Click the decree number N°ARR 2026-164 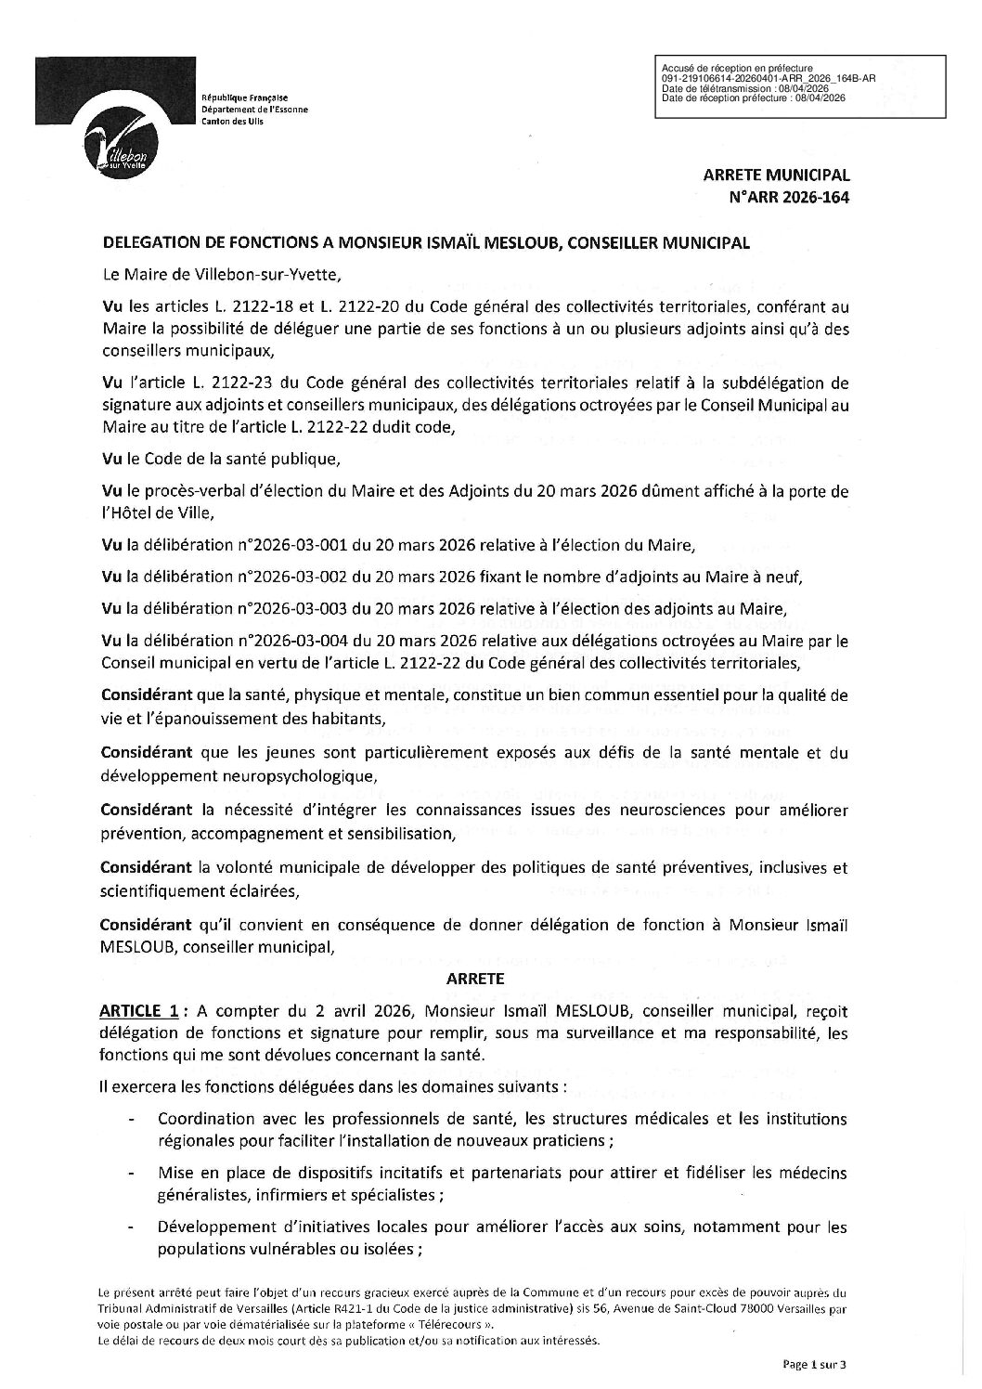pyautogui.click(x=792, y=196)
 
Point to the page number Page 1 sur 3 pyautogui.click(x=814, y=1364)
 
